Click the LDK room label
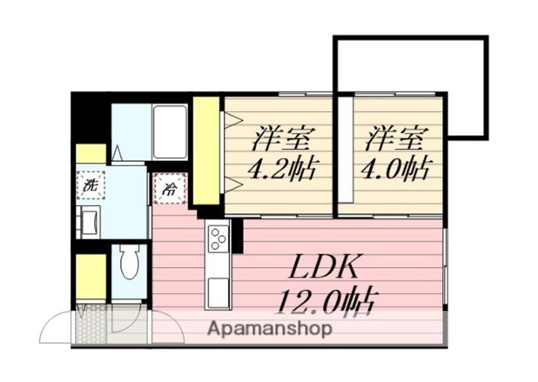pos(324,267)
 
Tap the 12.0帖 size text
pos(328,301)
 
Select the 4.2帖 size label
pos(282,169)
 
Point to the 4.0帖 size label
pos(395,169)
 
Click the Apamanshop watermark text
pos(270,329)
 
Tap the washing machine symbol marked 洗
pos(90,185)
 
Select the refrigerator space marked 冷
pos(170,189)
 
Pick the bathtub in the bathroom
pos(170,132)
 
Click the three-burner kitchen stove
pos(218,237)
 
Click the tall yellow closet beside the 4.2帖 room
pos(206,151)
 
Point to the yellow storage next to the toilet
pos(91,276)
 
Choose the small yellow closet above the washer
pos(91,154)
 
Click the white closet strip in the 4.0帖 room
pos(346,150)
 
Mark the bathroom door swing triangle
pos(117,153)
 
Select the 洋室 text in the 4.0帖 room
pos(393,139)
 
